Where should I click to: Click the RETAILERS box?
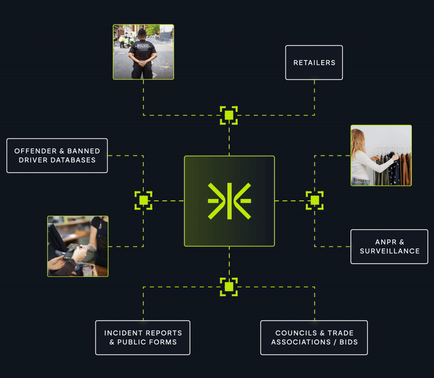click(314, 62)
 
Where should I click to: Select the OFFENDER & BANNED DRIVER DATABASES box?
click(57, 155)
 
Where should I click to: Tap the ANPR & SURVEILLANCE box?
click(389, 247)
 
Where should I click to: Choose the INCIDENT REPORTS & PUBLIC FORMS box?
click(143, 337)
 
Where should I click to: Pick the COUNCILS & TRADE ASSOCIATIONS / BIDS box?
click(314, 337)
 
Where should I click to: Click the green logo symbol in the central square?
click(229, 201)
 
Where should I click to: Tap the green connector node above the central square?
click(229, 115)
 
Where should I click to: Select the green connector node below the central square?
click(229, 286)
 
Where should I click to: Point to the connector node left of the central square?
click(143, 200)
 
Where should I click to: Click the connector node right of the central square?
click(315, 200)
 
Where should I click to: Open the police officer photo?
click(143, 52)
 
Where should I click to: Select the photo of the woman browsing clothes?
click(381, 155)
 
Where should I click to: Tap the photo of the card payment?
click(78, 246)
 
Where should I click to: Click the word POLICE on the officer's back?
click(143, 46)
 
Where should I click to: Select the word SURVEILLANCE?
click(390, 251)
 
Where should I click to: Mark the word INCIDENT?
click(124, 333)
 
